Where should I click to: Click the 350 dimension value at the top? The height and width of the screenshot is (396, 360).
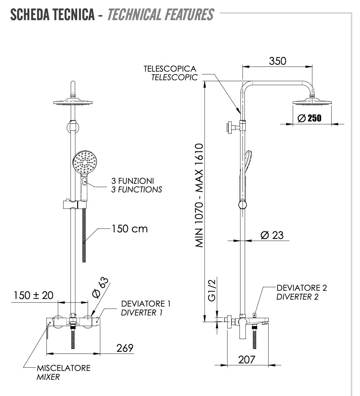(x=278, y=61)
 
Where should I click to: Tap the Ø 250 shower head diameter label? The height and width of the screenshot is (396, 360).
(x=309, y=118)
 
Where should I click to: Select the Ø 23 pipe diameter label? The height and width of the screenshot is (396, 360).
(x=272, y=235)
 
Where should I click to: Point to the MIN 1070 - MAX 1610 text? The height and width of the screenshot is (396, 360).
(x=200, y=195)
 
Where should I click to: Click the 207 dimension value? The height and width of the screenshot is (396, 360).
(x=247, y=359)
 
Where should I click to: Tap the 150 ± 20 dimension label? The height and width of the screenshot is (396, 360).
(x=33, y=295)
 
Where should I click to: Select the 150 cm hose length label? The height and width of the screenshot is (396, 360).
(x=130, y=229)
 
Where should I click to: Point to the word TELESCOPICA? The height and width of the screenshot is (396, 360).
(x=170, y=69)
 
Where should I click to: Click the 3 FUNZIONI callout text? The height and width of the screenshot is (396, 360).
(x=133, y=181)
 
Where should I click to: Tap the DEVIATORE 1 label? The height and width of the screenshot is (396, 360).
(x=146, y=304)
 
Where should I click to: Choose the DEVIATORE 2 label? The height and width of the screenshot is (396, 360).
(x=302, y=288)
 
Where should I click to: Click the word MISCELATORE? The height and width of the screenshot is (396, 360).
(x=63, y=368)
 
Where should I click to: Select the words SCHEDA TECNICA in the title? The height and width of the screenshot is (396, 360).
(x=52, y=15)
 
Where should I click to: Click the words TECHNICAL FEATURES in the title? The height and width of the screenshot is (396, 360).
(x=161, y=15)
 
